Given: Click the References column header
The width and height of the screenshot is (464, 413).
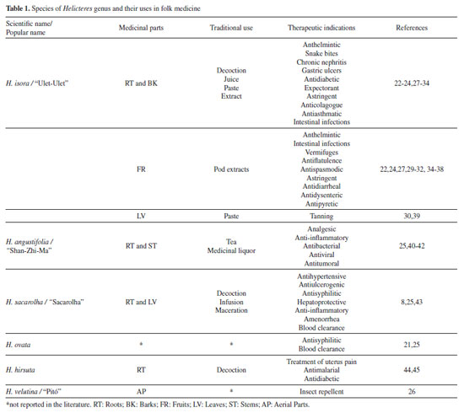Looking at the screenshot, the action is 412,28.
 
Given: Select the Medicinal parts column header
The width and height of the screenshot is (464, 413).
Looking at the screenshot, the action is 141,28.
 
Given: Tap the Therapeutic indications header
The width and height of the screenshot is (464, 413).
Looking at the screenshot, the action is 321,28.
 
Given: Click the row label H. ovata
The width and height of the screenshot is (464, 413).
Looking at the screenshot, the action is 18,345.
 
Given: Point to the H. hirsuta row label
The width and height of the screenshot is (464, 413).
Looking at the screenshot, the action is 20,370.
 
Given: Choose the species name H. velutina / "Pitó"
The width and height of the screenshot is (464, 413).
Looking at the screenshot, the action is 34,391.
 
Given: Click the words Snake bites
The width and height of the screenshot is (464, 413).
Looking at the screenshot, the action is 321,53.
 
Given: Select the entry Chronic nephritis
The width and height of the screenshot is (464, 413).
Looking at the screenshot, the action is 321,62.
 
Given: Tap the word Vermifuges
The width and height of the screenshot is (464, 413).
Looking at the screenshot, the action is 321,153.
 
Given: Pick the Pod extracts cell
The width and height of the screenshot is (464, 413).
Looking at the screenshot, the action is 231,169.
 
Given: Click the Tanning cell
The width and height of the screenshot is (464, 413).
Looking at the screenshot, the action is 321,216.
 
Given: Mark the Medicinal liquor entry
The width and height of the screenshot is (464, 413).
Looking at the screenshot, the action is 231,250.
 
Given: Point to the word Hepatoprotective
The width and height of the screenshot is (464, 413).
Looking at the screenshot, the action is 321,302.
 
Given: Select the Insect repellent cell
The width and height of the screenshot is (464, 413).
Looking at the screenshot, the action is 321,391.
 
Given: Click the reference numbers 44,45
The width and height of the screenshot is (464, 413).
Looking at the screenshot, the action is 412,370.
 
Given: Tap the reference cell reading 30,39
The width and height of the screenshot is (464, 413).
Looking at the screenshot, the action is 412,216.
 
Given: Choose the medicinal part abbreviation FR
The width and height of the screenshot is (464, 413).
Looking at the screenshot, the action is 141,169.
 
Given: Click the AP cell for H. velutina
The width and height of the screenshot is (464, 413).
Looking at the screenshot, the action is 141,391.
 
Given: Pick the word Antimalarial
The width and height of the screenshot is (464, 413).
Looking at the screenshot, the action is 321,370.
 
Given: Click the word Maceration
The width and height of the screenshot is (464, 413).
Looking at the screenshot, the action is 231,310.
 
